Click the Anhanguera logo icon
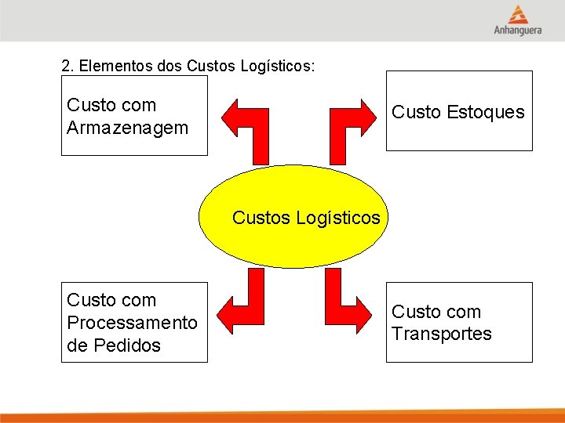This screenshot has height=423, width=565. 517,14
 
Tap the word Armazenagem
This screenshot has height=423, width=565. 128,127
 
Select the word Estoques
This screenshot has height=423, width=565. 485,112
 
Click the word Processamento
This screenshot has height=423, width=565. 133,323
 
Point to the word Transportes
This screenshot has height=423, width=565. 442,334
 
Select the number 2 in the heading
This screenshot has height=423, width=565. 66,66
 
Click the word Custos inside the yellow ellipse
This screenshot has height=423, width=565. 262,218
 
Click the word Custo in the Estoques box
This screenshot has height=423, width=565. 416,112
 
